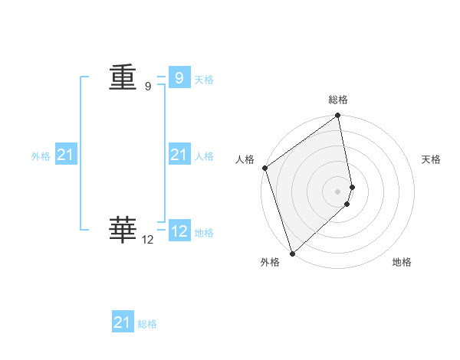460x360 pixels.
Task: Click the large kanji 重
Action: pyautogui.click(x=123, y=77)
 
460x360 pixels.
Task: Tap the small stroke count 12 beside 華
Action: pyautogui.click(x=148, y=240)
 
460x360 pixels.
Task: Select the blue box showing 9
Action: pyautogui.click(x=179, y=77)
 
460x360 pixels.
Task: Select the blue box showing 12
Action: pyautogui.click(x=179, y=231)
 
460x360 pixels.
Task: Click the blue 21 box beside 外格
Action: pyautogui.click(x=65, y=155)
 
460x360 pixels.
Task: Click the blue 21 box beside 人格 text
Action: pyautogui.click(x=179, y=155)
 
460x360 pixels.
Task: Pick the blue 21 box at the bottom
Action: pyautogui.click(x=122, y=322)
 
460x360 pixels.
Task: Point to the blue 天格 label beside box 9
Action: pyautogui.click(x=204, y=80)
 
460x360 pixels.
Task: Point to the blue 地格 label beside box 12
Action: pyautogui.click(x=204, y=233)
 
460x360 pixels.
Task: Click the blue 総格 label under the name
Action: pyautogui.click(x=147, y=325)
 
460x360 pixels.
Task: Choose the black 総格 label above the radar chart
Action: pyautogui.click(x=338, y=100)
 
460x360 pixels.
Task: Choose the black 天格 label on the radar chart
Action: pyautogui.click(x=431, y=159)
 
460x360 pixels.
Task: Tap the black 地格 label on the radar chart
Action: pyautogui.click(x=402, y=263)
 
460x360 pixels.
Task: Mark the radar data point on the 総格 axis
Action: pyautogui.click(x=338, y=116)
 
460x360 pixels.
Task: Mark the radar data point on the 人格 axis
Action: pyautogui.click(x=264, y=168)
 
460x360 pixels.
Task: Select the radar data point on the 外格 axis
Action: pyautogui.click(x=292, y=254)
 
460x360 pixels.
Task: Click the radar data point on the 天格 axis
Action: pyautogui.click(x=352, y=187)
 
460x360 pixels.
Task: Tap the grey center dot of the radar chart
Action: pyautogui.click(x=338, y=191)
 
